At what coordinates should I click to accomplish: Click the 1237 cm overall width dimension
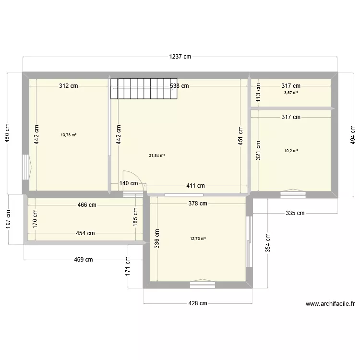coord(180,57)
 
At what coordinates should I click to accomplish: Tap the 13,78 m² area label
coord(69,135)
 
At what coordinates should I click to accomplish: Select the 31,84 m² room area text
coord(157,156)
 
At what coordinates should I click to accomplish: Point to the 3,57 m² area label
coord(291,93)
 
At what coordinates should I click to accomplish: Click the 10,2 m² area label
coord(291,151)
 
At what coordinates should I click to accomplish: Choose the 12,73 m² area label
coord(198,238)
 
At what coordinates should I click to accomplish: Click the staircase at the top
coord(144,88)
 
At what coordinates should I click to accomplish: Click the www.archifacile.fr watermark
coord(330,303)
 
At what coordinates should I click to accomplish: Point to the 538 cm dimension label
coord(180,86)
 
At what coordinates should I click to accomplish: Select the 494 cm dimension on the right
coord(353,134)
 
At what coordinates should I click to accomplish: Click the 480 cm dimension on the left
coord(7,134)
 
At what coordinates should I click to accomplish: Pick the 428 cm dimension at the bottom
coord(197,303)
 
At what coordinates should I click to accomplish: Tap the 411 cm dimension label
coord(195,186)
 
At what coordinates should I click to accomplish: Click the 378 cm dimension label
coord(197,204)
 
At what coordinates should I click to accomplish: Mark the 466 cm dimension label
coord(86,205)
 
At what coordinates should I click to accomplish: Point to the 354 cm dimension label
coord(268,243)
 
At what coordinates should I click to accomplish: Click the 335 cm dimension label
coord(295,213)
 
